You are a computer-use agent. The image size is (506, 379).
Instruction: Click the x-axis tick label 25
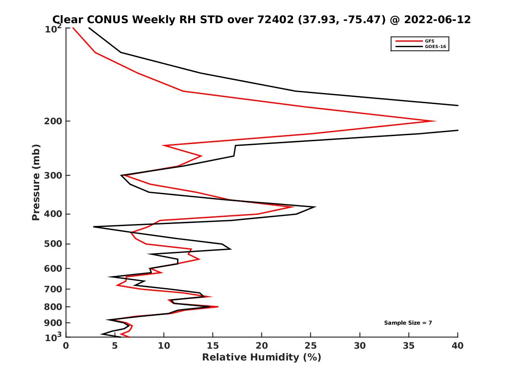click(x=311, y=346)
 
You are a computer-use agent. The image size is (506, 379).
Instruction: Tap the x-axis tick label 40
click(x=458, y=346)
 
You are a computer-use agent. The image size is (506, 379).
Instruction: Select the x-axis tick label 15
click(x=213, y=346)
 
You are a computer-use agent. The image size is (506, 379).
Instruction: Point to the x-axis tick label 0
click(x=66, y=346)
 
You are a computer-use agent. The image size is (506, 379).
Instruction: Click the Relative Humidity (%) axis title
click(x=261, y=358)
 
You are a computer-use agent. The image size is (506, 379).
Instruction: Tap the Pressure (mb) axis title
click(x=36, y=182)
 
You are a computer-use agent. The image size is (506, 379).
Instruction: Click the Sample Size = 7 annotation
click(x=408, y=323)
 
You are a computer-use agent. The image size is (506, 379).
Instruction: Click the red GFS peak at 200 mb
click(x=435, y=121)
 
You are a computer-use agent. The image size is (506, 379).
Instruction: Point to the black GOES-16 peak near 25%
click(x=315, y=207)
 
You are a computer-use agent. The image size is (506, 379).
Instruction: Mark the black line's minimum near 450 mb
click(x=94, y=227)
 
